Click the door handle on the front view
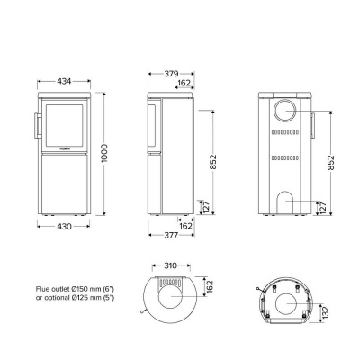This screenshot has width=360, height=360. tap(37, 125)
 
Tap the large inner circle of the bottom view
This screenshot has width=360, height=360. tap(288, 306)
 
